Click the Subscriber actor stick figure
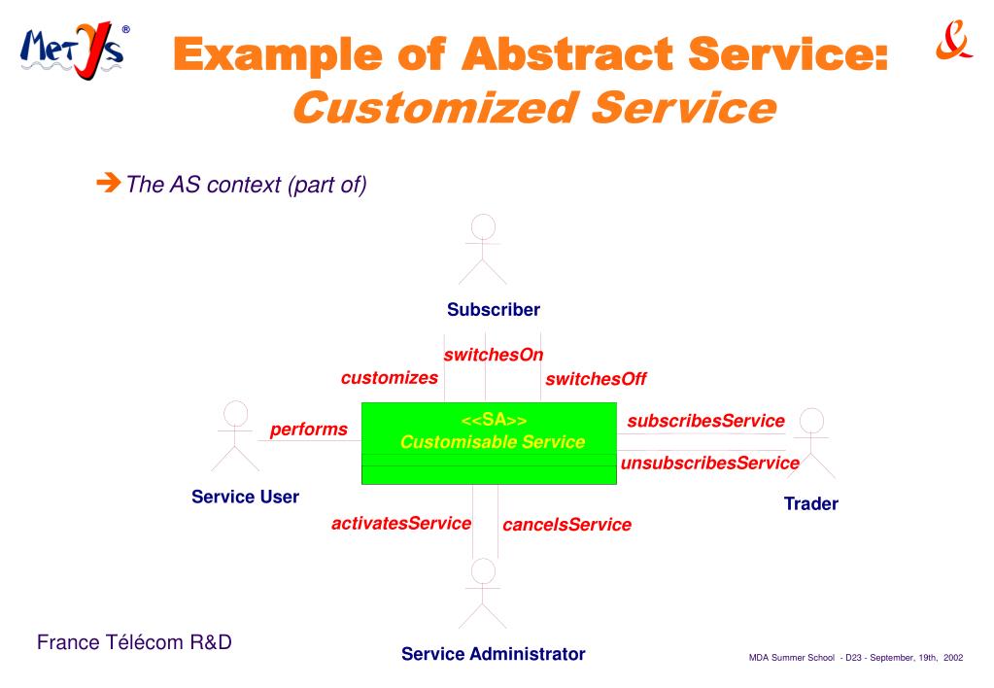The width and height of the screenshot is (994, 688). click(x=482, y=249)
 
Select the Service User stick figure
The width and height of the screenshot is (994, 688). click(x=234, y=437)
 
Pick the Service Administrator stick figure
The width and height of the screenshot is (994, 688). click(x=482, y=594)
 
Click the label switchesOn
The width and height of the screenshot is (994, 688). click(x=493, y=355)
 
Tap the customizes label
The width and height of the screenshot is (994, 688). click(x=389, y=377)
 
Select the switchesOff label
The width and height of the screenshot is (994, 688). click(x=596, y=379)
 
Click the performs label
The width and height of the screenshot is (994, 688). click(x=308, y=429)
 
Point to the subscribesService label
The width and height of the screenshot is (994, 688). click(x=705, y=421)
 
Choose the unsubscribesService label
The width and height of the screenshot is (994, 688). click(x=709, y=464)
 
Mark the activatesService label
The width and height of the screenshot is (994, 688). click(x=401, y=523)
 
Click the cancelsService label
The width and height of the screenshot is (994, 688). click(x=566, y=525)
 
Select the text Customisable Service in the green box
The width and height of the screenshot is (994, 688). click(x=493, y=442)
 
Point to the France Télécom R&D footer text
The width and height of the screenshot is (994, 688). click(x=134, y=642)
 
